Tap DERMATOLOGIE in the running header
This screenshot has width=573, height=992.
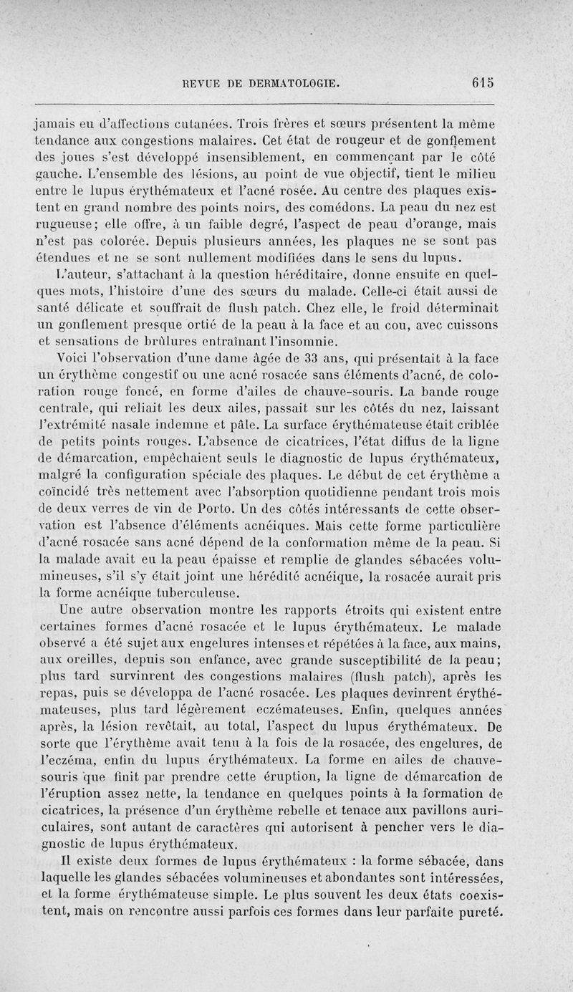click(290, 83)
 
